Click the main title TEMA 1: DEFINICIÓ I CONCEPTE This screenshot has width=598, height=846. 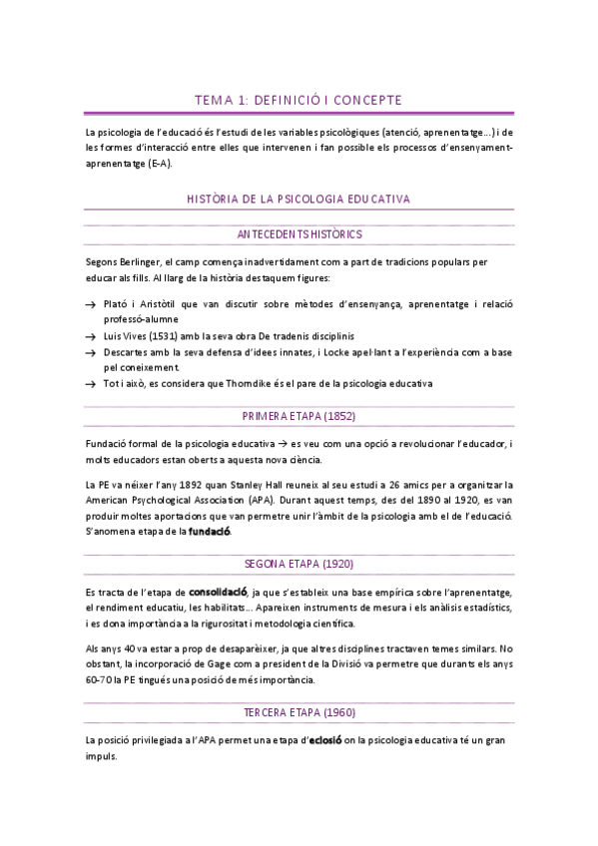coord(299,100)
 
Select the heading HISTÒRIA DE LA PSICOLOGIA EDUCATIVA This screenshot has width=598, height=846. coord(299,200)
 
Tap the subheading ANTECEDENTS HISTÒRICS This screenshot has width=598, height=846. coord(299,233)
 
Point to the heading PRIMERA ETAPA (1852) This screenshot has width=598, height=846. coord(299,416)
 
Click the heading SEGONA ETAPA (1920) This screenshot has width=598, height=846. coord(299,565)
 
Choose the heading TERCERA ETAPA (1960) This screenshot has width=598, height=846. coord(299,713)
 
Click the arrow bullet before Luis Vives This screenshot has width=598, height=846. coord(91,336)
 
